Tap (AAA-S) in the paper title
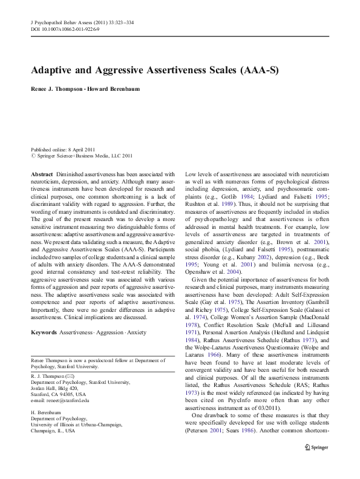coord(257,69)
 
